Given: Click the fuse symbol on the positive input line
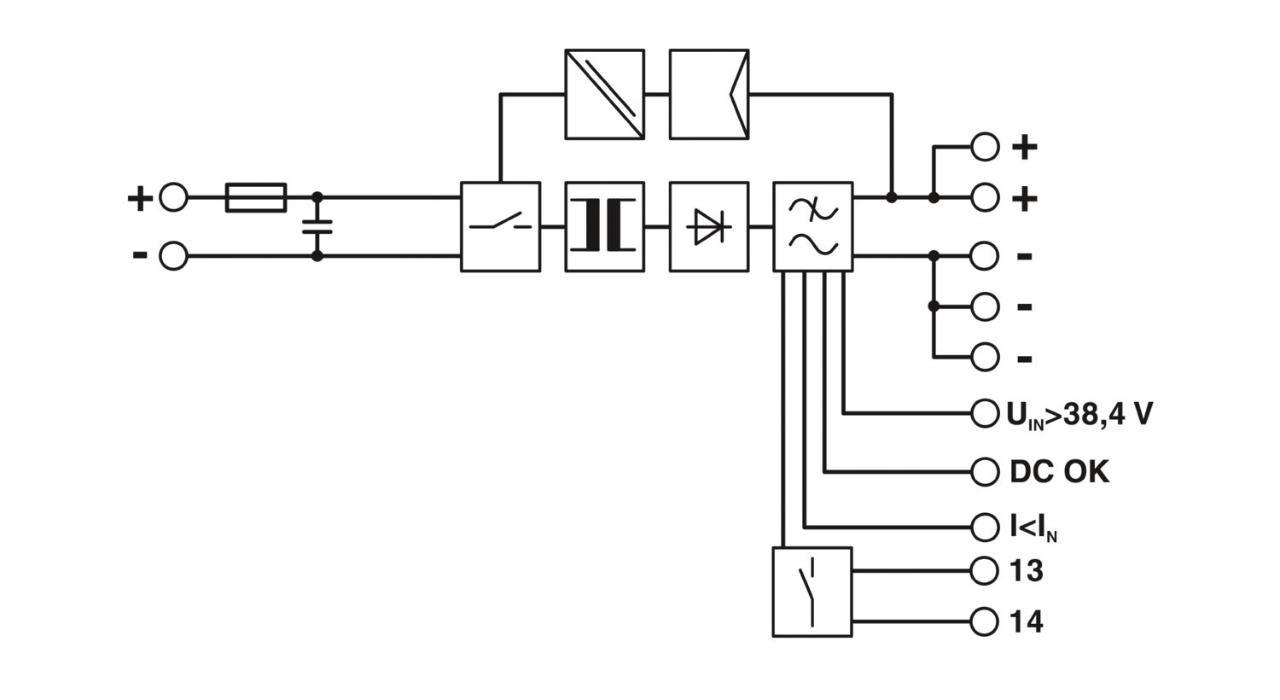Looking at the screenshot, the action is (x=256, y=198).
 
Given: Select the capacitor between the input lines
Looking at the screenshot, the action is (x=317, y=227).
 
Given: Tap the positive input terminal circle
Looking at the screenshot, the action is (x=173, y=198).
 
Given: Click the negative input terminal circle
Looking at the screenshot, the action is (x=173, y=255).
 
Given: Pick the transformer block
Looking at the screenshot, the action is (x=604, y=227).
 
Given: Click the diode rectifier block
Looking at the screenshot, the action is (x=709, y=227).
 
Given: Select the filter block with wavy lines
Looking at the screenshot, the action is (x=813, y=227).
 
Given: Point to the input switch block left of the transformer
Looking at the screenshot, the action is (x=501, y=227).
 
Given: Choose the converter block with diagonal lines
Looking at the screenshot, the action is (x=604, y=94).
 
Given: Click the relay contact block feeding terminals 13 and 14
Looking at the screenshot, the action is (x=812, y=592).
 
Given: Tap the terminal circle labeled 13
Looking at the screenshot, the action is (x=985, y=570).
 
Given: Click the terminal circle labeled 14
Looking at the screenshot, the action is (x=985, y=621).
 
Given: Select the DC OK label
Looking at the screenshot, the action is (x=1060, y=472).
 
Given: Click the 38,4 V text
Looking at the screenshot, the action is (x=1108, y=414).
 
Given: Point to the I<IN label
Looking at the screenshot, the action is (x=1033, y=528).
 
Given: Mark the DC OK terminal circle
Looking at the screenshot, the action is (x=985, y=472).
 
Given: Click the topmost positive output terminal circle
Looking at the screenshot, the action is (x=985, y=147).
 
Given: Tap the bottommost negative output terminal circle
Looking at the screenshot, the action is (x=985, y=357).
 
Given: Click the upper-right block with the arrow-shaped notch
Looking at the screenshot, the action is (x=709, y=94).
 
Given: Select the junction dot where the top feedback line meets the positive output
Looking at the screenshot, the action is (x=892, y=198).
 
